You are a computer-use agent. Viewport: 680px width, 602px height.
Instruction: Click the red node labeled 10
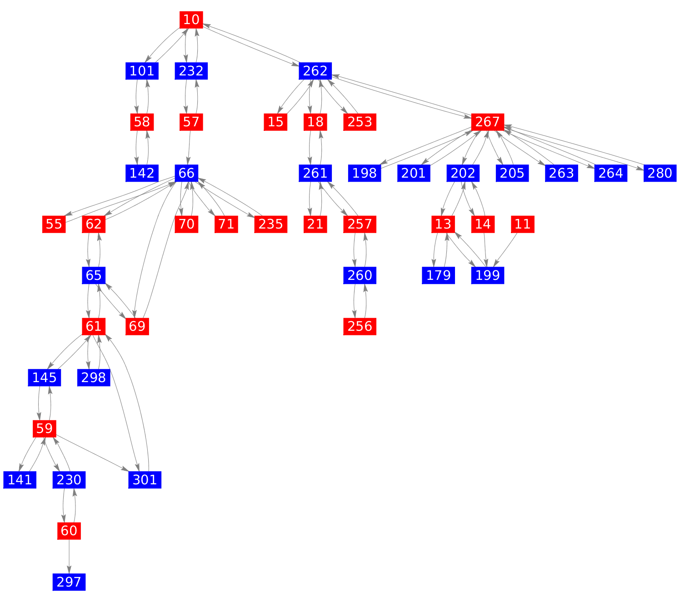[x=191, y=20]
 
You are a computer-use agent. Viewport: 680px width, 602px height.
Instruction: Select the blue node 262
[x=315, y=71]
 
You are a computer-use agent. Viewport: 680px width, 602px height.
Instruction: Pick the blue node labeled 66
[x=186, y=173]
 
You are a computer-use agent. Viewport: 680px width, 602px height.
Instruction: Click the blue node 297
[x=69, y=582]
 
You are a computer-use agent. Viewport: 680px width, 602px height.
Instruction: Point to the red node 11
[x=523, y=224]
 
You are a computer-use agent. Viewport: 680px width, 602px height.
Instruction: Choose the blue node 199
[x=488, y=275]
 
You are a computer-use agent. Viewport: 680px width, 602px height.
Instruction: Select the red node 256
[x=360, y=326]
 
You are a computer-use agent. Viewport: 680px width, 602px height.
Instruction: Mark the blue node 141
[x=20, y=479]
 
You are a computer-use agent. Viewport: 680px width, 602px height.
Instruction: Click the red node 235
[x=270, y=224]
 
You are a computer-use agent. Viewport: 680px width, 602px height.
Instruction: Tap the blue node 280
[x=660, y=173]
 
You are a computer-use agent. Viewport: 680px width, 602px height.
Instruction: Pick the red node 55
[x=54, y=224]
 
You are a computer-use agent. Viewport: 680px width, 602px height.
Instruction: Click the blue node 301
[x=145, y=479]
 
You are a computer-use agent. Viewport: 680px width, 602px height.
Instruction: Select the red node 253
[x=360, y=122]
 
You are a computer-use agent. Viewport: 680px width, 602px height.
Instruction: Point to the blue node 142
[x=142, y=173]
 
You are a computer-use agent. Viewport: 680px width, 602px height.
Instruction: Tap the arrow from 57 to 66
[x=190, y=148]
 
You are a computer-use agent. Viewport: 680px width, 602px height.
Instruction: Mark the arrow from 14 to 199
[x=486, y=249]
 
